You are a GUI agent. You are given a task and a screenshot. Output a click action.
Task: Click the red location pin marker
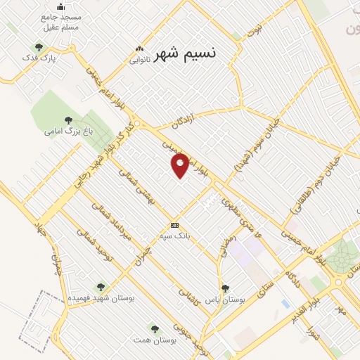181,164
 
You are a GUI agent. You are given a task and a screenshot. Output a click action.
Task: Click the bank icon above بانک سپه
174,225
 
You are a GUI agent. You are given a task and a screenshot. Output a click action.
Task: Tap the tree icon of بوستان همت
154,328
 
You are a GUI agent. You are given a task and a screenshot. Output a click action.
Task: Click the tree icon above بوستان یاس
225,288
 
